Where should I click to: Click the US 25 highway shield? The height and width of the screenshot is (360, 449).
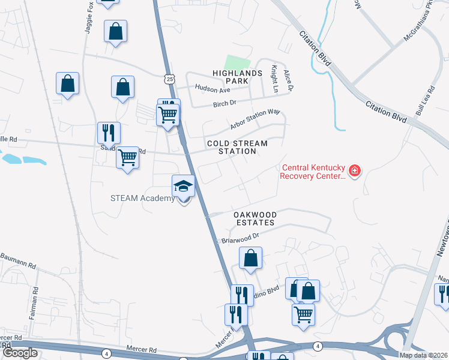pyautogui.click(x=171, y=79)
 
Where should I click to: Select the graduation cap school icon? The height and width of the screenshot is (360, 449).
pyautogui.click(x=184, y=187)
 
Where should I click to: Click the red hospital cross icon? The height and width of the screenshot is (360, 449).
pyautogui.click(x=354, y=172)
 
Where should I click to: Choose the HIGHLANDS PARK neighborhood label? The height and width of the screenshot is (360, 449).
pyautogui.click(x=238, y=77)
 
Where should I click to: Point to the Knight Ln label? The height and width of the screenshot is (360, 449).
pyautogui.click(x=275, y=79)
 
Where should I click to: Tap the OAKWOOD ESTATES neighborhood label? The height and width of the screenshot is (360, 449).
pyautogui.click(x=255, y=218)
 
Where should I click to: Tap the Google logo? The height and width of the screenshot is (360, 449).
pyautogui.click(x=20, y=353)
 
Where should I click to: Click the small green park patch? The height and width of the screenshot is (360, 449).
pyautogui.click(x=237, y=62)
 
